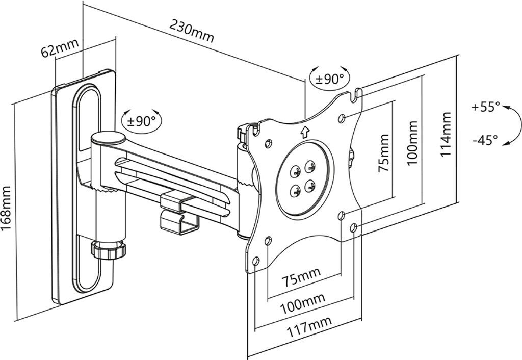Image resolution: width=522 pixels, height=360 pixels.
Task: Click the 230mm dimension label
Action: pos(192,31)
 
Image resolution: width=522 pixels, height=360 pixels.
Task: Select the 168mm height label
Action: pos(6,208)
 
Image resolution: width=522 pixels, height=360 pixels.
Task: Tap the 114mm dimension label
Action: pos(446,134)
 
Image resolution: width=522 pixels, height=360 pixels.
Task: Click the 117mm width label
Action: pos(309,327)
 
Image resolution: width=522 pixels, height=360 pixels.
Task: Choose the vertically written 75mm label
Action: pos(383,153)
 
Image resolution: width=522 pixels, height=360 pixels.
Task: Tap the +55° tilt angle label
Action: pos(485,107)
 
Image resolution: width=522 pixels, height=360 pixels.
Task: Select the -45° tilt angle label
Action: pos(485,140)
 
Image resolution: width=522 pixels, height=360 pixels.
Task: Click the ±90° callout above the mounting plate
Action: pos(330,78)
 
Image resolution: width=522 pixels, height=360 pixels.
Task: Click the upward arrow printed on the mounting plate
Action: pos(304,132)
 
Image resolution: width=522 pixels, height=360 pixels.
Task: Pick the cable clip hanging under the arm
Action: pos(179,213)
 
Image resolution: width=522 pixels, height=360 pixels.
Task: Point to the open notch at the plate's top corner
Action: pos(356,95)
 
